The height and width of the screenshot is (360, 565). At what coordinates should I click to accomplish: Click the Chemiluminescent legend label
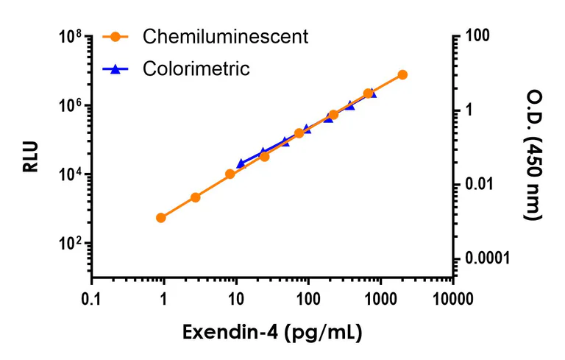[225, 36]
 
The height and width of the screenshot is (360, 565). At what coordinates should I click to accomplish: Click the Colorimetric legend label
[196, 69]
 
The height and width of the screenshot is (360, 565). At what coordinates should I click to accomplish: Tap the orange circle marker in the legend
[115, 36]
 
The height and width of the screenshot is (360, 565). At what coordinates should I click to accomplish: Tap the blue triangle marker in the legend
[115, 69]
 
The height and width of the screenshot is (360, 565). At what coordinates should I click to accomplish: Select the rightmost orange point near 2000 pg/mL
[402, 74]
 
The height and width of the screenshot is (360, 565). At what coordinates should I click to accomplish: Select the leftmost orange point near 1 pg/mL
[161, 217]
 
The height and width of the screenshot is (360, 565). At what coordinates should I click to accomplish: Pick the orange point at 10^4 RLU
[230, 174]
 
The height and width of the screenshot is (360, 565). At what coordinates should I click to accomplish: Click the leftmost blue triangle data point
[241, 163]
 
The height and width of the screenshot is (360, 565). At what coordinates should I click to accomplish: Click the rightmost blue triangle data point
[373, 93]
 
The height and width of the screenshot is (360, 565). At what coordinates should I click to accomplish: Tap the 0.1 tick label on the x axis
[91, 298]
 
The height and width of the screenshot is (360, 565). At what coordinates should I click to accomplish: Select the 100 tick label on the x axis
[308, 298]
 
